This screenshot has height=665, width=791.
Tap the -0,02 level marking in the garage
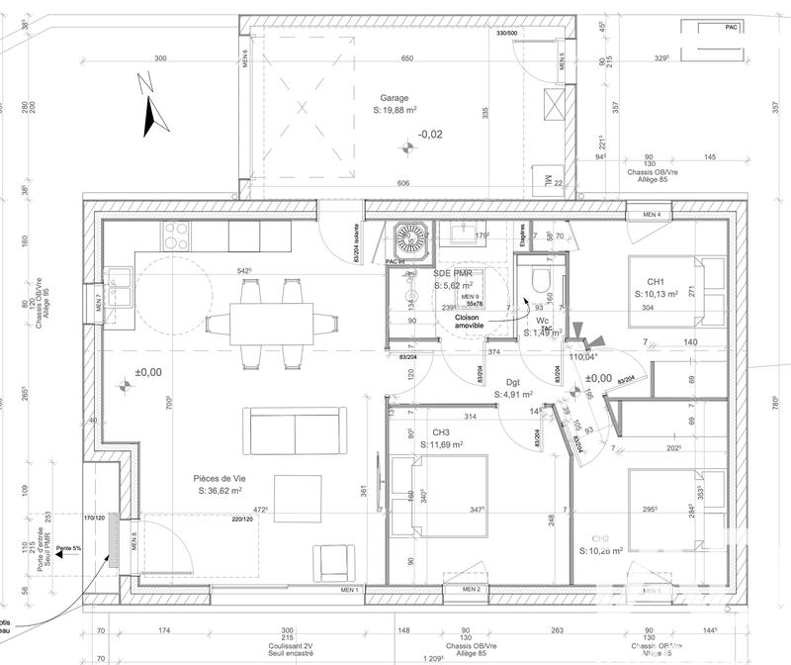pyautogui.click(x=429, y=134)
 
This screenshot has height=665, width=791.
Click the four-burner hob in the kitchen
pyautogui.click(x=176, y=236)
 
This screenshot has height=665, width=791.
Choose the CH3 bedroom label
pyautogui.click(x=442, y=432)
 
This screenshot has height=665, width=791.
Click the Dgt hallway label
pyautogui.click(x=513, y=381)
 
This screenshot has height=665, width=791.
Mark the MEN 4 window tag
pyautogui.click(x=652, y=215)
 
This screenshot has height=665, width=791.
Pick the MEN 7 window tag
pyautogui.click(x=100, y=304)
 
